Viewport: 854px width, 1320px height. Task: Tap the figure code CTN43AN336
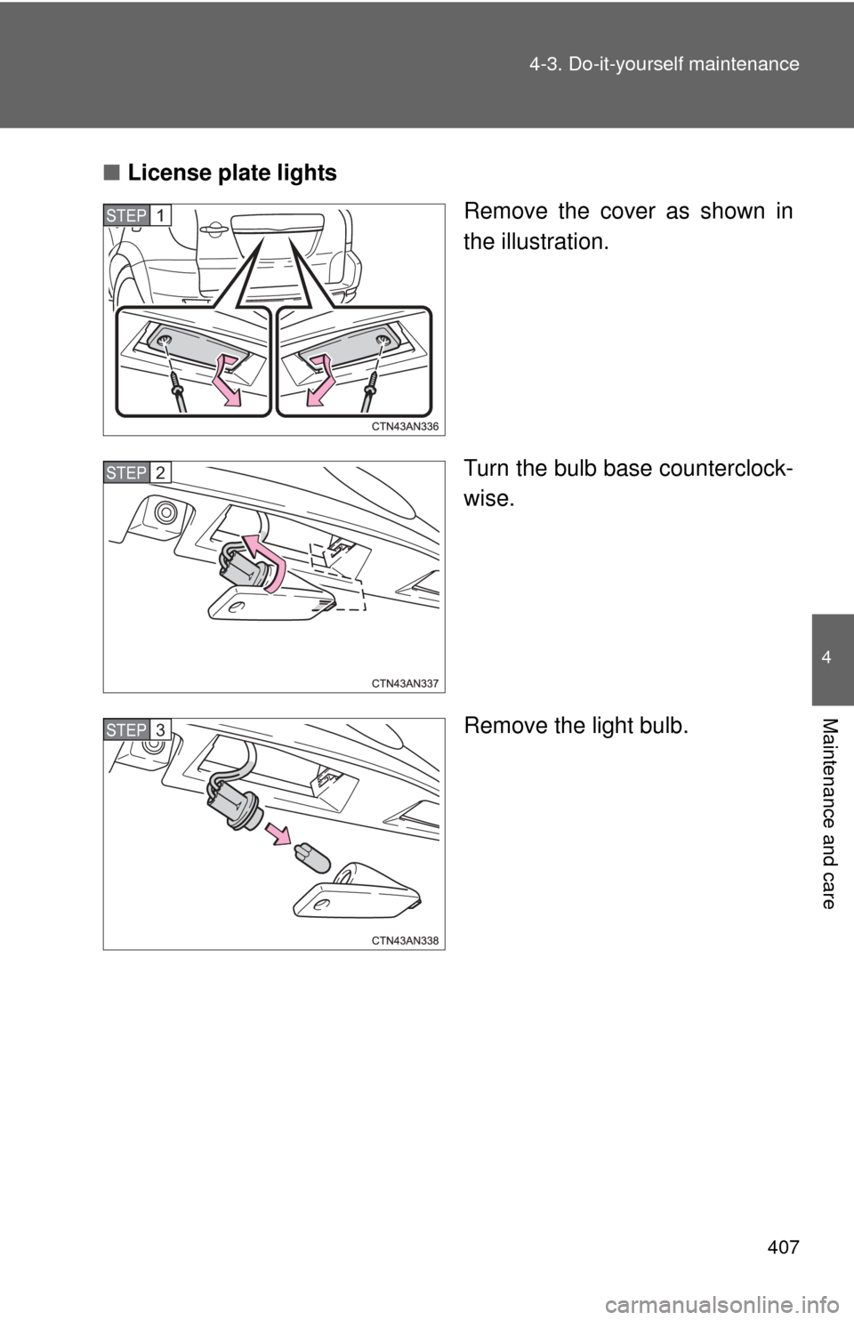405,426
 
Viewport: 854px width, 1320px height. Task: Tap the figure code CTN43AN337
405,683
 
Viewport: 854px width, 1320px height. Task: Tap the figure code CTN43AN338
405,940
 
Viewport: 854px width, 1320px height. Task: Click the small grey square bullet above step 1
109,171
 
